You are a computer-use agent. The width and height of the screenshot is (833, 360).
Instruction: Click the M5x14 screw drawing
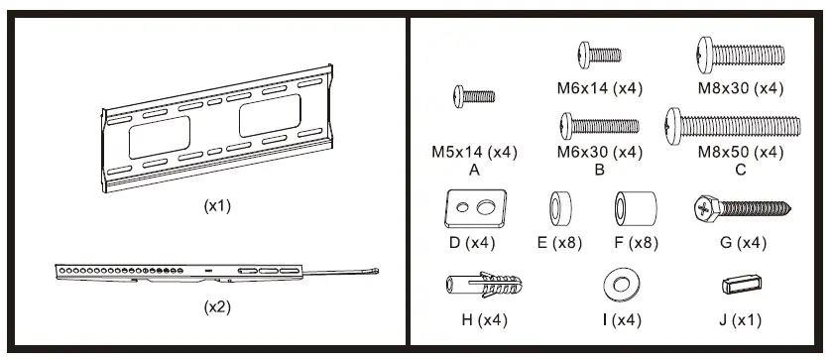coord(474,96)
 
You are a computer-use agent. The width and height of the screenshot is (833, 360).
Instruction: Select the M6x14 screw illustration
coord(600,55)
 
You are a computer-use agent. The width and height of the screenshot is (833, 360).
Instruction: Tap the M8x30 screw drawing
coord(741,55)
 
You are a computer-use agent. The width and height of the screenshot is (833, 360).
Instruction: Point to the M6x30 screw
coord(600,126)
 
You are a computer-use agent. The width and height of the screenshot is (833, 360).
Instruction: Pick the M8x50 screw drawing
coord(733,126)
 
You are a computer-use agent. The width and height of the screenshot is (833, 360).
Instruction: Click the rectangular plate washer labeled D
coord(475,208)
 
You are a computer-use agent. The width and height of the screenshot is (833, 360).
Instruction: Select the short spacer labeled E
coord(559,209)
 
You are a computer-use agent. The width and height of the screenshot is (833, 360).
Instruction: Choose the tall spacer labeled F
coord(636,208)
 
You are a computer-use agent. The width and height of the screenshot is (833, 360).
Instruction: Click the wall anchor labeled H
coord(482,287)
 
